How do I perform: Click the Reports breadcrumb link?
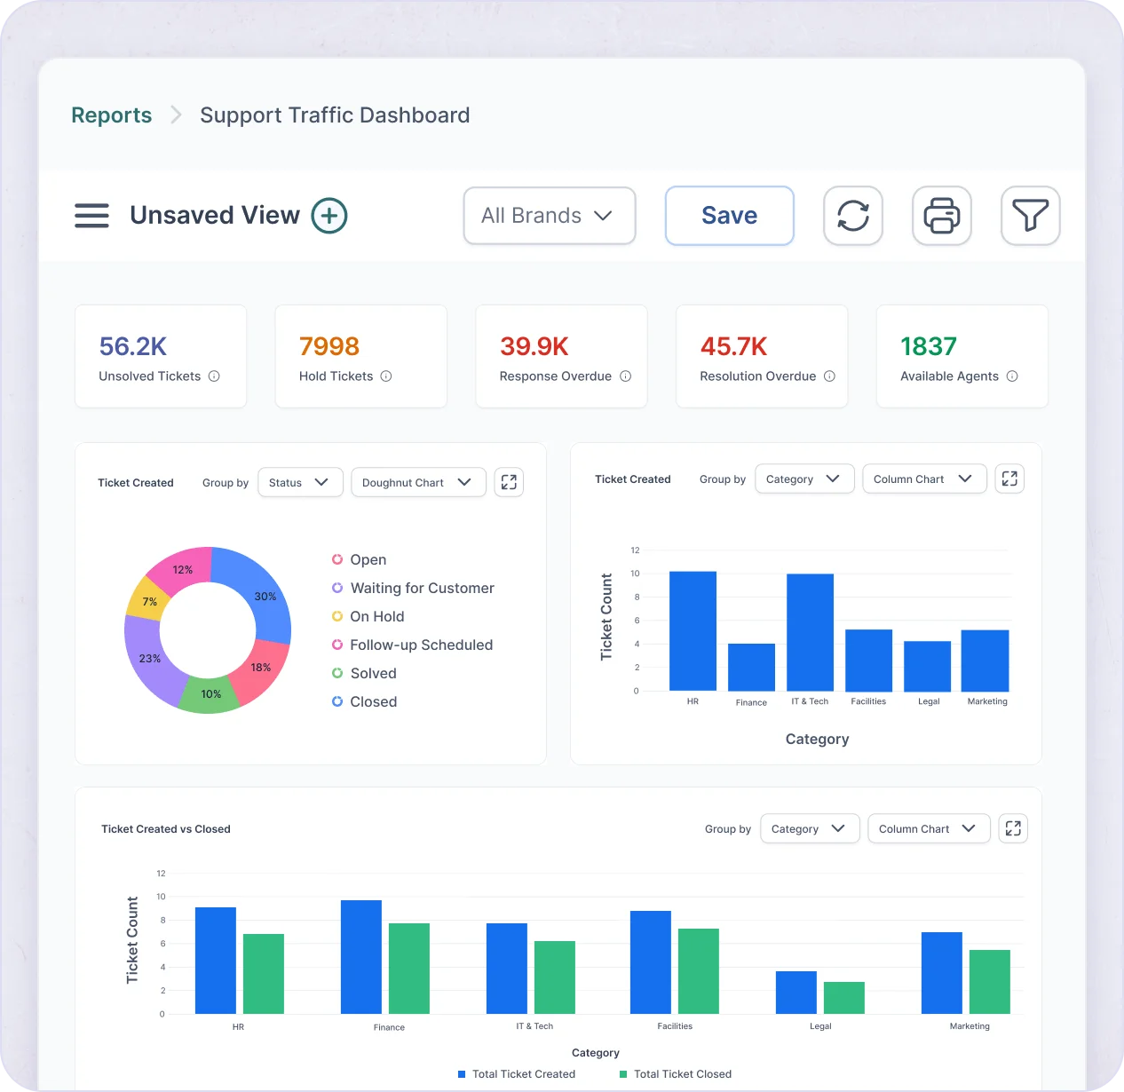click(x=111, y=115)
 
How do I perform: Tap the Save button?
click(x=729, y=216)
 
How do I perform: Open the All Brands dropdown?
click(x=549, y=216)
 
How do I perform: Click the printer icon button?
click(x=941, y=216)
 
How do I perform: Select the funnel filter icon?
click(x=1030, y=216)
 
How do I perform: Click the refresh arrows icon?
click(x=852, y=216)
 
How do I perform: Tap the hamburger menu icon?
click(x=91, y=216)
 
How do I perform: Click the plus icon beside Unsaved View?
click(x=328, y=216)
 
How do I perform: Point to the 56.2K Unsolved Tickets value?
click(x=133, y=346)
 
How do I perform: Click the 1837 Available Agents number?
click(x=928, y=346)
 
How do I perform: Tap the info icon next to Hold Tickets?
click(x=386, y=376)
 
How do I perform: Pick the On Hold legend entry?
click(x=376, y=616)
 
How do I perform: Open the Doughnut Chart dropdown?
click(x=417, y=482)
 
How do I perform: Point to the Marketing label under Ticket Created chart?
click(x=986, y=701)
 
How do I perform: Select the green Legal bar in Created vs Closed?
click(x=843, y=998)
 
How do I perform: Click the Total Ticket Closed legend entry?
click(x=682, y=1074)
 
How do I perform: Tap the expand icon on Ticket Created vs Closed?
click(x=1013, y=828)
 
